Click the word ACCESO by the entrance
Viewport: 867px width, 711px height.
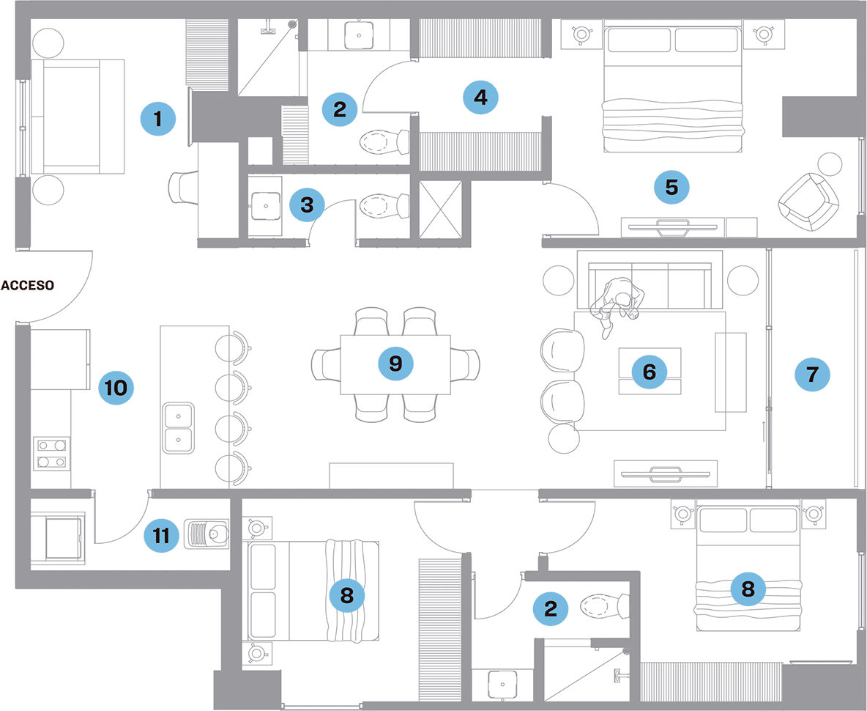pos(27,285)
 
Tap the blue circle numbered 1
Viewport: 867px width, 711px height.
pos(160,117)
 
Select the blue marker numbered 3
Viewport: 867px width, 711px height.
pos(307,205)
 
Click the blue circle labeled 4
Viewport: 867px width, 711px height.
pos(480,97)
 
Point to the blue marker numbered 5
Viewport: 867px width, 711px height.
pos(671,187)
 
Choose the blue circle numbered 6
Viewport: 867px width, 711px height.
pos(649,372)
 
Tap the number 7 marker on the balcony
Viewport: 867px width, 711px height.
pos(812,375)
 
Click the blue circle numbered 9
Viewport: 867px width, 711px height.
pos(395,363)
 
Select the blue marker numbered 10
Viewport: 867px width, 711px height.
pos(116,386)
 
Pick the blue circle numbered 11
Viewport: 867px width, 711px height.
pos(161,536)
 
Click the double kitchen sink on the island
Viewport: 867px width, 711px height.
pos(179,428)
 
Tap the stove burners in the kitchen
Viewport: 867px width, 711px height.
pos(51,453)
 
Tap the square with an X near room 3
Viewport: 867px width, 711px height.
pos(439,208)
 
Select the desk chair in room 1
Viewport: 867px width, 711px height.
pos(184,188)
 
